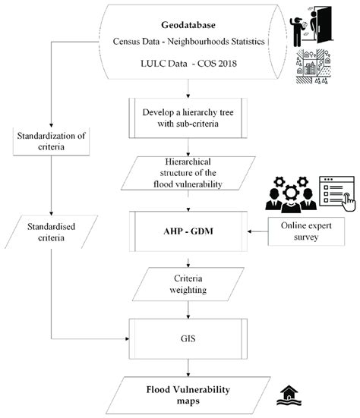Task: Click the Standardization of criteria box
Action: (52, 143)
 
